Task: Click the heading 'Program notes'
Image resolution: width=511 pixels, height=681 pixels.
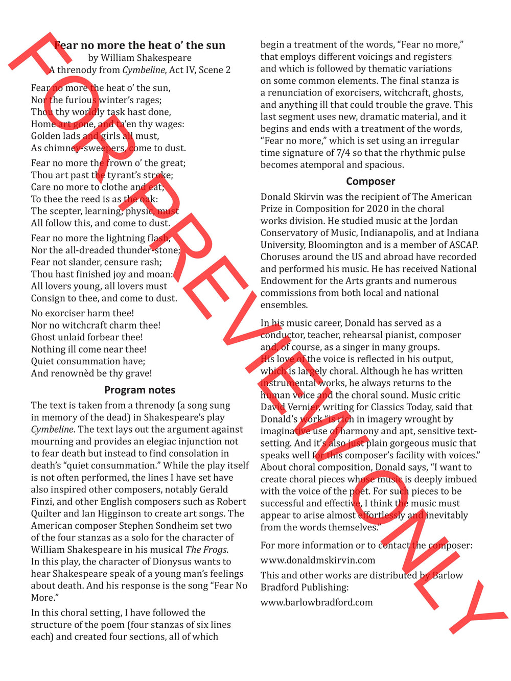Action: click(x=140, y=390)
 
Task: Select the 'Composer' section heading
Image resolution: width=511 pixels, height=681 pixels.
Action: click(x=370, y=181)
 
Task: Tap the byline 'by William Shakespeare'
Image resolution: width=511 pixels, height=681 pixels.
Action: click(x=140, y=58)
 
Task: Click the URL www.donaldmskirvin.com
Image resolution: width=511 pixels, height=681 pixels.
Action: click(x=318, y=560)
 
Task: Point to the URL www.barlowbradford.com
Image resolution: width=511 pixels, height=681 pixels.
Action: click(x=317, y=602)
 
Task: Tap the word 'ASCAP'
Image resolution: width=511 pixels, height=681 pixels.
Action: click(x=463, y=245)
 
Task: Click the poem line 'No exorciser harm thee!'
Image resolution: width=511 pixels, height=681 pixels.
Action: click(x=82, y=313)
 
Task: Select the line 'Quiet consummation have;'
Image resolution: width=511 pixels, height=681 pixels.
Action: click(x=88, y=361)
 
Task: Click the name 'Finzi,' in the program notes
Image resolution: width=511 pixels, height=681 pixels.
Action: click(x=42, y=502)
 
